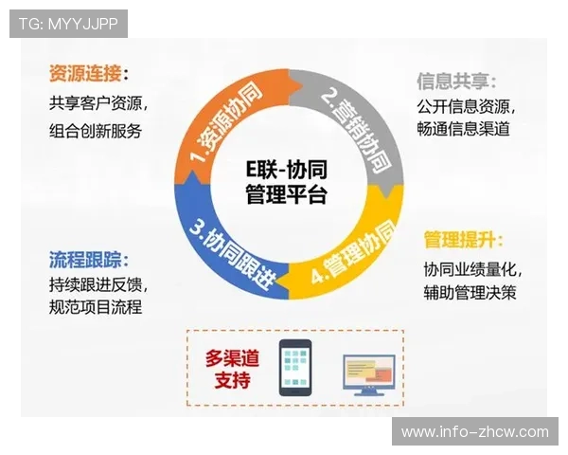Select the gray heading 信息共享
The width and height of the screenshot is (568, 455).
click(456, 81)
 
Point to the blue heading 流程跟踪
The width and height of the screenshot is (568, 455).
click(89, 259)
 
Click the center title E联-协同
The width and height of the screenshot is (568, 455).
click(284, 173)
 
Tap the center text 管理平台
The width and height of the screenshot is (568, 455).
click(285, 196)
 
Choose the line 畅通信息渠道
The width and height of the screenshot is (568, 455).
click(463, 130)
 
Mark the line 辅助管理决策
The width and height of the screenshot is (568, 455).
click(470, 293)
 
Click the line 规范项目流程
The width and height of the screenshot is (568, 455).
click(95, 308)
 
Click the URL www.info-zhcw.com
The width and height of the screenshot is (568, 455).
click(474, 432)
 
